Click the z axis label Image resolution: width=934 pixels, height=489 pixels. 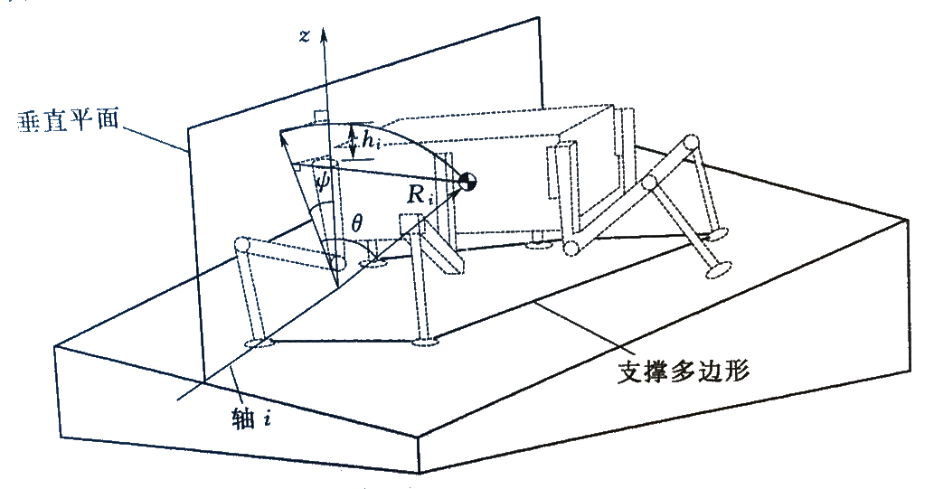[x=305, y=36]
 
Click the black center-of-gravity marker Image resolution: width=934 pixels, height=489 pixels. [x=467, y=181]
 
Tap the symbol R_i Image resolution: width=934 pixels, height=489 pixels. [x=419, y=195]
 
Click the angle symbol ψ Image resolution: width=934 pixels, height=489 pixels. [x=322, y=178]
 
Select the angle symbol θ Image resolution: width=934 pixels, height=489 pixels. [x=356, y=224]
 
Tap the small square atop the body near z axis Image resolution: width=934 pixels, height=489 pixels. [x=320, y=116]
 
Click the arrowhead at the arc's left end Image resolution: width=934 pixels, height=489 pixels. [x=283, y=136]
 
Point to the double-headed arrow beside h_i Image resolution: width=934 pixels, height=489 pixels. [x=354, y=141]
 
